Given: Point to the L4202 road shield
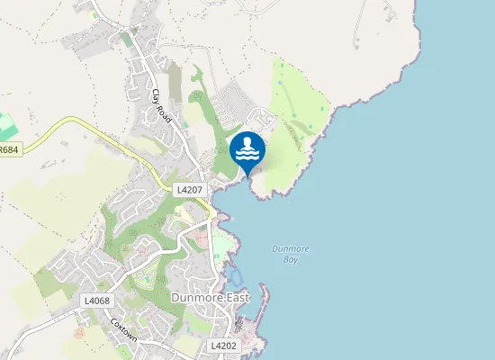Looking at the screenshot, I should (223, 346).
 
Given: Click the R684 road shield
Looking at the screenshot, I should (9, 150).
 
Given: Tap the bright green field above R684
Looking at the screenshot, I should (7, 125).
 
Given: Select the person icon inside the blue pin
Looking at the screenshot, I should (247, 142).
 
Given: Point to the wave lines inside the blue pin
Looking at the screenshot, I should (247, 155).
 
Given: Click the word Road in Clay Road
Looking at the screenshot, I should (165, 112).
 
